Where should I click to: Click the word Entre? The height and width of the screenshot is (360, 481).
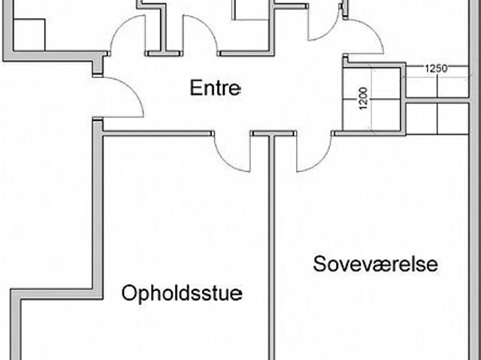(x=216, y=88)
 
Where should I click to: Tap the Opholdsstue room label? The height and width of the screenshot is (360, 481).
(x=182, y=293)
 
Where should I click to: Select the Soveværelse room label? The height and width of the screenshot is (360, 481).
(x=376, y=264)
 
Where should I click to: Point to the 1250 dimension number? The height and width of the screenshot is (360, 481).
(x=436, y=68)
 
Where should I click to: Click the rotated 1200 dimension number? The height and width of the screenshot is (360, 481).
(x=363, y=98)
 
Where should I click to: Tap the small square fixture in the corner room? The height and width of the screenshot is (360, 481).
(x=29, y=35)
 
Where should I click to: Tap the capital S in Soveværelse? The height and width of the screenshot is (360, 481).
(x=319, y=264)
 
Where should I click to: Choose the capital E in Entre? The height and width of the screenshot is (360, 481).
(x=195, y=88)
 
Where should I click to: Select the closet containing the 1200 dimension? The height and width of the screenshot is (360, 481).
(x=371, y=99)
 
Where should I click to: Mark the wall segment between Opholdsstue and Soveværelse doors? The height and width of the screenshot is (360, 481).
(x=274, y=133)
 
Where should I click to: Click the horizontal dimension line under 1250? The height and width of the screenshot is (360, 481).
(x=436, y=77)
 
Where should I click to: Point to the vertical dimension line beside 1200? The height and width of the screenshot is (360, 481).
(x=372, y=99)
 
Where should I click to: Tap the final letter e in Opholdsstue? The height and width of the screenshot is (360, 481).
(x=236, y=295)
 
